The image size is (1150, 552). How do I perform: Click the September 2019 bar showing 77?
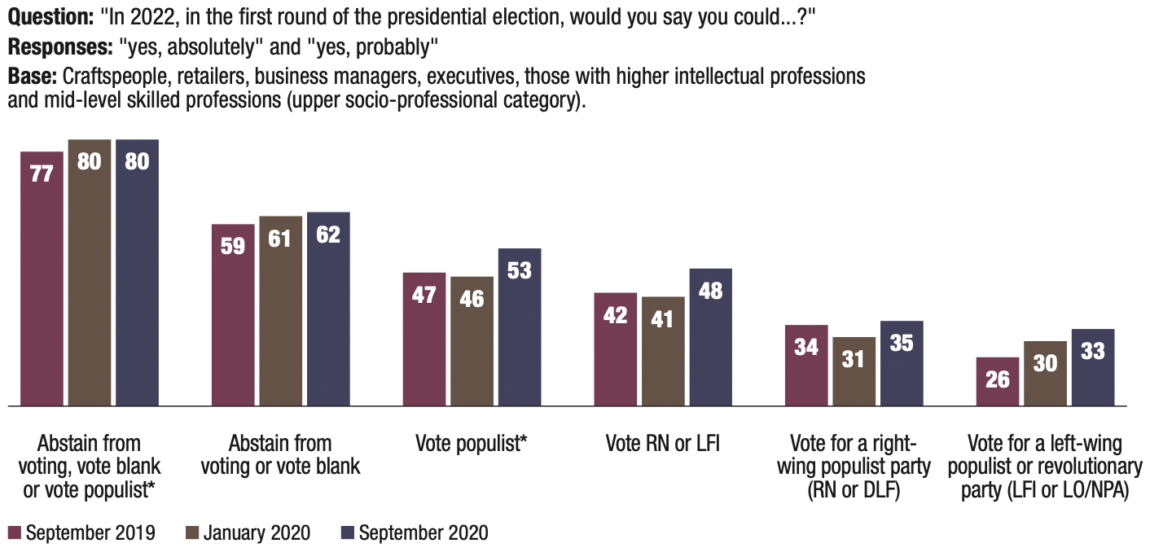(42, 278)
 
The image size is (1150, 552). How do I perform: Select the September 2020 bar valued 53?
(520, 326)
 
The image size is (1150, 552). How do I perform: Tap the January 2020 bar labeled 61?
(281, 310)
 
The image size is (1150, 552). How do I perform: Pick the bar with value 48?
(711, 336)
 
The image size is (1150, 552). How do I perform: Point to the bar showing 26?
(998, 381)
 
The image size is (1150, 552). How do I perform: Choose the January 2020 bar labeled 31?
(854, 370)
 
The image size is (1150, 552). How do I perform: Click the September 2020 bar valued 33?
(1093, 366)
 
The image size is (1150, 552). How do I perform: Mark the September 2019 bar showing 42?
(616, 348)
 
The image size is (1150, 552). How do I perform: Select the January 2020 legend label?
(257, 533)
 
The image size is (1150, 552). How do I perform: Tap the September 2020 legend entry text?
(424, 533)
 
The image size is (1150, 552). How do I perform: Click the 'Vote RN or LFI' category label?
(663, 445)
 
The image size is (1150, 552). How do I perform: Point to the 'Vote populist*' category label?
(472, 445)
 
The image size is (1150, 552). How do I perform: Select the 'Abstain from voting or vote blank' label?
(281, 455)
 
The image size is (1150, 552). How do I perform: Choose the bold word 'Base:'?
(27, 77)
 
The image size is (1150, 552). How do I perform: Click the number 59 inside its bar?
(233, 245)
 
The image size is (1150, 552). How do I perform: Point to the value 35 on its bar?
(902, 343)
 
